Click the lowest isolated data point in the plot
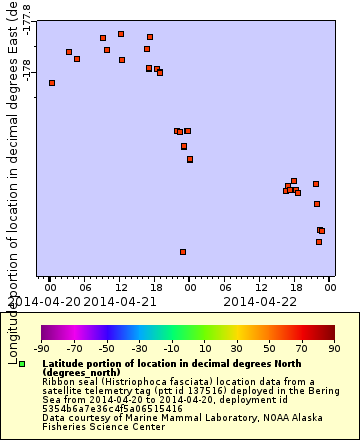tap(183, 252)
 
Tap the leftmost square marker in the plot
tap(52, 83)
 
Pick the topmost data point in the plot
tap(121, 34)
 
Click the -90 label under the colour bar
tap(42, 349)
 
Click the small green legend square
tap(22, 364)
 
